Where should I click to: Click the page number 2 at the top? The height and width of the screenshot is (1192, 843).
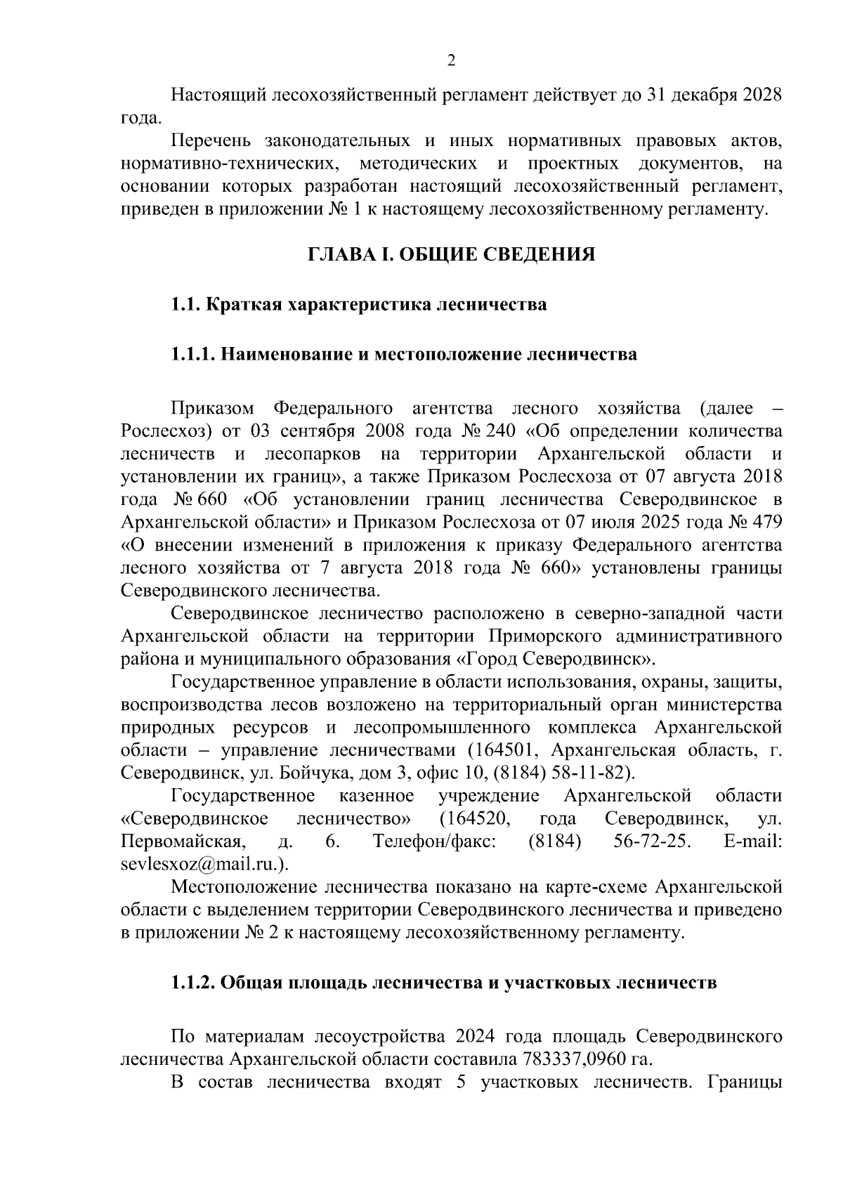(451, 61)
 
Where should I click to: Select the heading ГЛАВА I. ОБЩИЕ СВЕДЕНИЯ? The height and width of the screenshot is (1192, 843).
(451, 254)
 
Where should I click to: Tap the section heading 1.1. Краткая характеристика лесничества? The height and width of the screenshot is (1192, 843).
(358, 305)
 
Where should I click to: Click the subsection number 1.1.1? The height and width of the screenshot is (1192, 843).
(192, 354)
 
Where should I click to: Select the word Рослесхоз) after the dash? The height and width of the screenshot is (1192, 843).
(160, 431)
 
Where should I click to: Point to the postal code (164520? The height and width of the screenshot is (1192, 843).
(474, 818)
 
